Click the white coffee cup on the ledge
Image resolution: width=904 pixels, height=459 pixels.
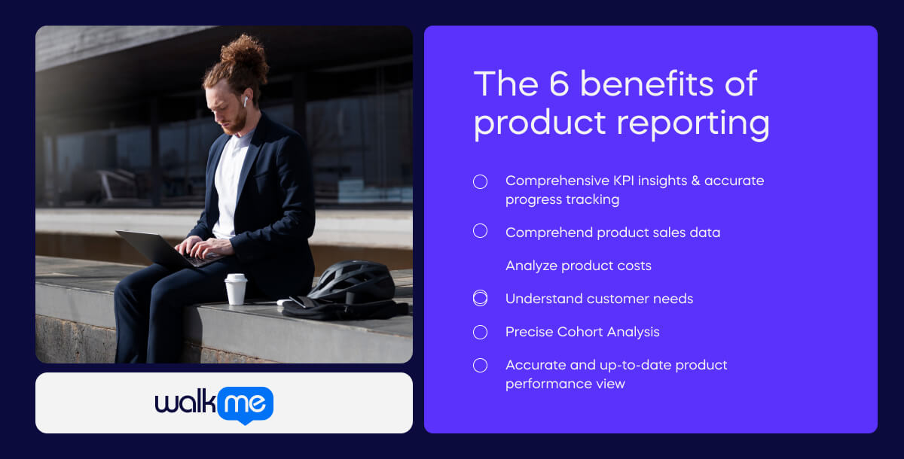point(236,289)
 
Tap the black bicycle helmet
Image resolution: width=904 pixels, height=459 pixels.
point(352,281)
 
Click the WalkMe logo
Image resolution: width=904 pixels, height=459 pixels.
point(214,405)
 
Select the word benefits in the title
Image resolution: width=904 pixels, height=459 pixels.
point(647,84)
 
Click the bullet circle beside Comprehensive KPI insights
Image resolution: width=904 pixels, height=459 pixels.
point(480,181)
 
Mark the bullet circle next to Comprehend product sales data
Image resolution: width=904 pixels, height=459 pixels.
point(480,231)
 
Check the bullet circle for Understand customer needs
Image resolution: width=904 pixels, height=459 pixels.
point(480,299)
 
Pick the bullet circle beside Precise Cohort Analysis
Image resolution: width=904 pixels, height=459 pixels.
point(480,332)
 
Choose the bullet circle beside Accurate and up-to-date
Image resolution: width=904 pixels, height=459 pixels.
point(480,366)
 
